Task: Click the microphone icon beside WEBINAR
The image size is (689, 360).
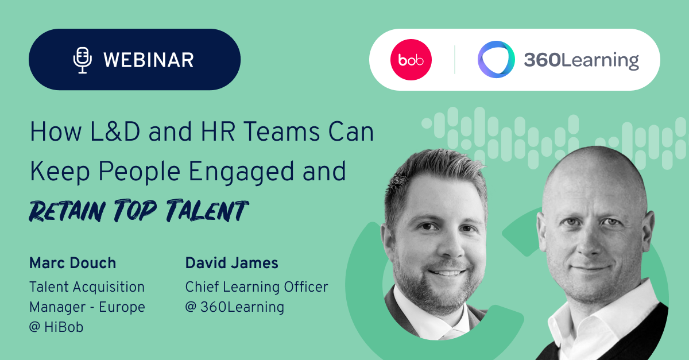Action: point(83,60)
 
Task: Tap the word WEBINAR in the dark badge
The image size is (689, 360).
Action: point(149,60)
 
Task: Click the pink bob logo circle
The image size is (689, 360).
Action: point(411,60)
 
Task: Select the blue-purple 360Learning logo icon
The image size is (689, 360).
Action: point(496,60)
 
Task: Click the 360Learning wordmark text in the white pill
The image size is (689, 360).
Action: point(581,60)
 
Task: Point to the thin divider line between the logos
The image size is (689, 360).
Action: point(455,60)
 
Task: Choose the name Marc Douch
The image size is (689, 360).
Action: point(72,264)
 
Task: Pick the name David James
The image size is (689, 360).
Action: point(231,264)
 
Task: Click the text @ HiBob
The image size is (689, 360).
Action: point(56,328)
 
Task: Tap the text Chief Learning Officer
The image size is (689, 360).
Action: point(256,287)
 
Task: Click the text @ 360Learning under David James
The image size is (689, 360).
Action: point(234,307)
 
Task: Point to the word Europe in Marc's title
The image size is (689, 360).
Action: point(122,307)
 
